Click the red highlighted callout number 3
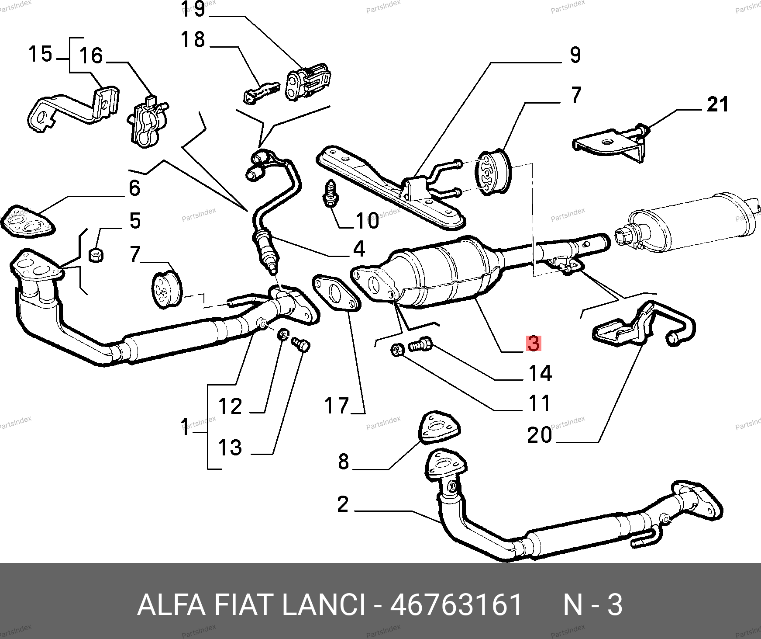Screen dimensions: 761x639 tap(534, 343)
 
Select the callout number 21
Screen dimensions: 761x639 tap(718, 105)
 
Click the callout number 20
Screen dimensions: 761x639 tap(539, 435)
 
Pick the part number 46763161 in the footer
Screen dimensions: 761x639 tap(456, 605)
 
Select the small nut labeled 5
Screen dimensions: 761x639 tap(96, 255)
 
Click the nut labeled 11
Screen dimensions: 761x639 tap(397, 350)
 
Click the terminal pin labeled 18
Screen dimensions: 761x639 tap(260, 93)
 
